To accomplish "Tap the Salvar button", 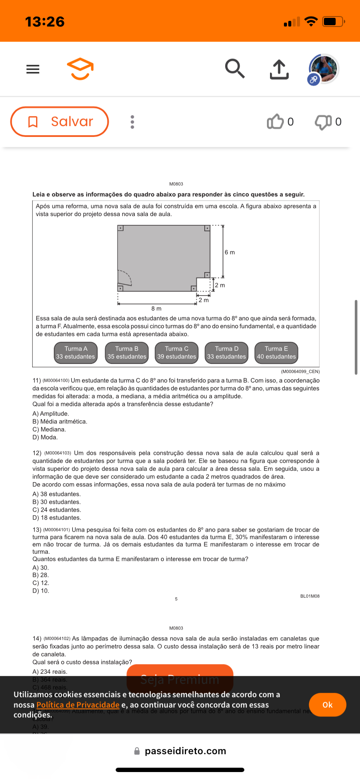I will [60, 122].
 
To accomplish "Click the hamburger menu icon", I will [33, 69].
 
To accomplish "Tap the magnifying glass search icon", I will [235, 69].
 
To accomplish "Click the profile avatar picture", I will [323, 69].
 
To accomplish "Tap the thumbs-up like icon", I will [275, 122].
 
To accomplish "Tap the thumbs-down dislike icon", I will [323, 122].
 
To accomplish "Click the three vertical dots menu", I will [133, 122].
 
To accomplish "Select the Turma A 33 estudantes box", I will [76, 353].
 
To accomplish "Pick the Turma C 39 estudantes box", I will [177, 353].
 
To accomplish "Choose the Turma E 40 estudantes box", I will [277, 353].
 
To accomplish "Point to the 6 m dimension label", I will [230, 252].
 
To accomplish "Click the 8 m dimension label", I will [157, 309].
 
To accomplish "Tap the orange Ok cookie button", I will [327, 705].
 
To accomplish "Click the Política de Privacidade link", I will [78, 705].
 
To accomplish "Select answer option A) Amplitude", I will [51, 414].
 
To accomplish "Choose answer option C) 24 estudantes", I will [57, 510].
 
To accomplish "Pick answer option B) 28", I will [41, 575].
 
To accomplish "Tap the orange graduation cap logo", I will [80, 69].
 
